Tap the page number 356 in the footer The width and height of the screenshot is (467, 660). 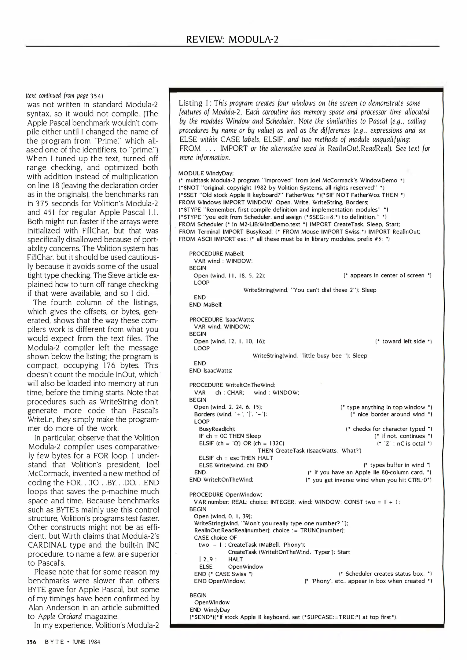pyautogui.click(x=31, y=642)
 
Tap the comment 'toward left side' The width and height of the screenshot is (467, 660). pyautogui.click(x=403, y=341)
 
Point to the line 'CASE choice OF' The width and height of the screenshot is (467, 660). pyautogui.click(x=215, y=538)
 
